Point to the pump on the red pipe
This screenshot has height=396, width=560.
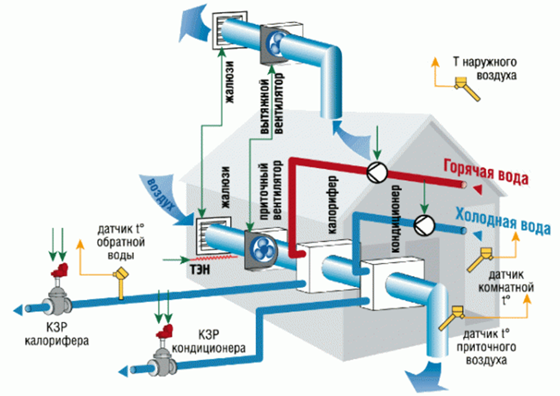377,171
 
